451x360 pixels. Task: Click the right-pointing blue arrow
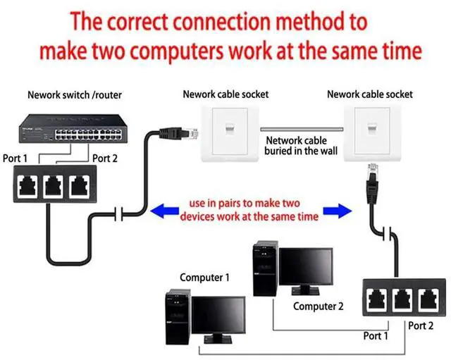(338, 209)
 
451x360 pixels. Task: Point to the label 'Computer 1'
(205, 278)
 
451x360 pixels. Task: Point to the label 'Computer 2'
(319, 306)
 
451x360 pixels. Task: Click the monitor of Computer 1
(218, 316)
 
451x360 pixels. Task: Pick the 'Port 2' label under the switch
(105, 159)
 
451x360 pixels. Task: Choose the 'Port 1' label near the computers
(375, 336)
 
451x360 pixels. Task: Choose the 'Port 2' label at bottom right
(421, 326)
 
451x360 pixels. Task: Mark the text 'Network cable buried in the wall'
(302, 145)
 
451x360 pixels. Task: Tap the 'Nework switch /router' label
(68, 94)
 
